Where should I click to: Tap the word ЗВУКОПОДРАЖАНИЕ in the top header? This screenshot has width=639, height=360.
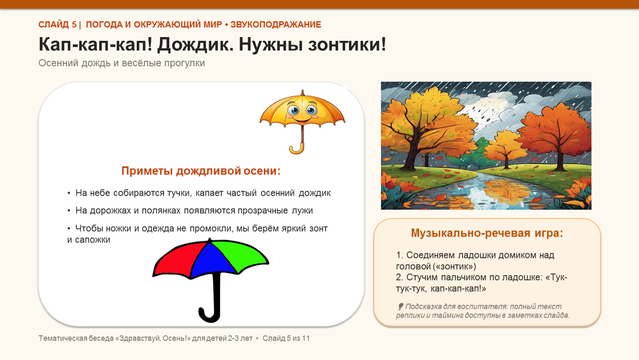[x=276, y=25]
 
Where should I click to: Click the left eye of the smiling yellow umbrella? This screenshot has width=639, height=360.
[x=293, y=110]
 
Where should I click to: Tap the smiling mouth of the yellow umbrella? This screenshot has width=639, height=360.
[x=302, y=120]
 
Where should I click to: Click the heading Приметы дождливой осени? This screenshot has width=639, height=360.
[x=201, y=170]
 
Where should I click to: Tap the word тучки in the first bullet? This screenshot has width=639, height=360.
[x=179, y=193]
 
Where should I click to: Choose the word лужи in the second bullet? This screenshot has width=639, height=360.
[x=302, y=211]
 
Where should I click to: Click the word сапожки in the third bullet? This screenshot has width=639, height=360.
[x=93, y=240]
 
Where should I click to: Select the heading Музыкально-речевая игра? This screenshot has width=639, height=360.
[x=487, y=233]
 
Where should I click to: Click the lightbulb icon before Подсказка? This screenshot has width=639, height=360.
[x=400, y=307]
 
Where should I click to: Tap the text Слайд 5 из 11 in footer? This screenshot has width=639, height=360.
[x=286, y=338]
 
